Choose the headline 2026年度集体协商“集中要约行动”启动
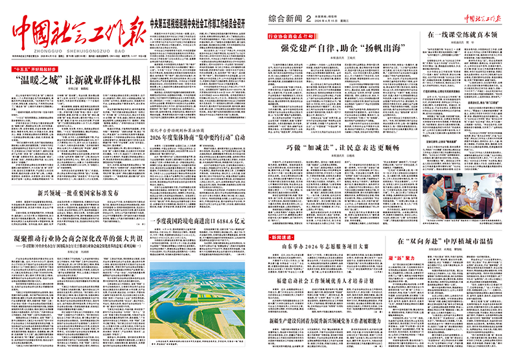[198, 137]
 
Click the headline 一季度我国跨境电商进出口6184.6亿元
[198, 221]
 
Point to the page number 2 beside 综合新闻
[318, 19]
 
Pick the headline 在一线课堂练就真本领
[462, 34]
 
